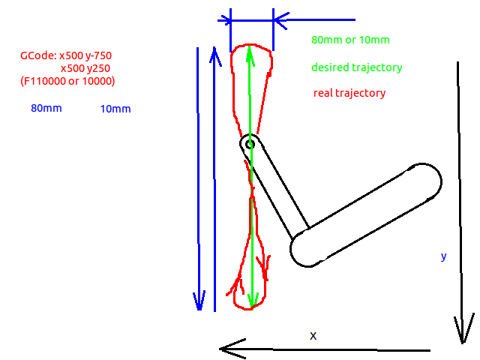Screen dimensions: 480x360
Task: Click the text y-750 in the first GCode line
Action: [98, 56]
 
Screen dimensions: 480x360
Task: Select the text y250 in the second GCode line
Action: [98, 68]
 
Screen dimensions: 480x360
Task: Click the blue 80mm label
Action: [46, 108]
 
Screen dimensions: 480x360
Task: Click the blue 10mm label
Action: [115, 109]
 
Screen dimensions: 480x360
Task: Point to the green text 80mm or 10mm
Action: [350, 40]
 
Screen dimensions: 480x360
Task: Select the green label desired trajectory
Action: [357, 67]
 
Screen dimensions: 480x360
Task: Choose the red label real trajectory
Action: [349, 93]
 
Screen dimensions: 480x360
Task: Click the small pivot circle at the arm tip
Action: [250, 145]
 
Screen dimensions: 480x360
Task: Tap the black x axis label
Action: [313, 336]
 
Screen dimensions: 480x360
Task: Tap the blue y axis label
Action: [443, 256]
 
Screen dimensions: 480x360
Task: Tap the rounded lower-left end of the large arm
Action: [298, 252]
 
